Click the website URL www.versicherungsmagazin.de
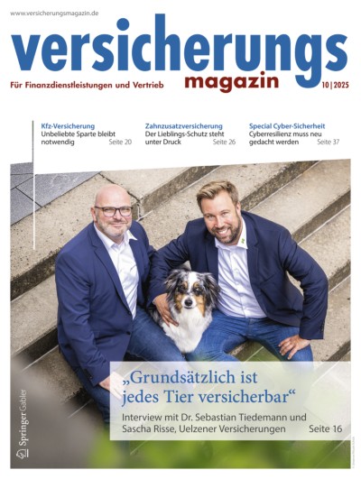tap(54, 14)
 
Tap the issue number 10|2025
tap(328, 86)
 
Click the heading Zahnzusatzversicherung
tap(183, 125)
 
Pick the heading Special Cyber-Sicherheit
tap(287, 125)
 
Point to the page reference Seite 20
tap(120, 143)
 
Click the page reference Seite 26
tap(224, 143)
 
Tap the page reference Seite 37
tap(328, 143)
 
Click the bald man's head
tap(111, 198)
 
